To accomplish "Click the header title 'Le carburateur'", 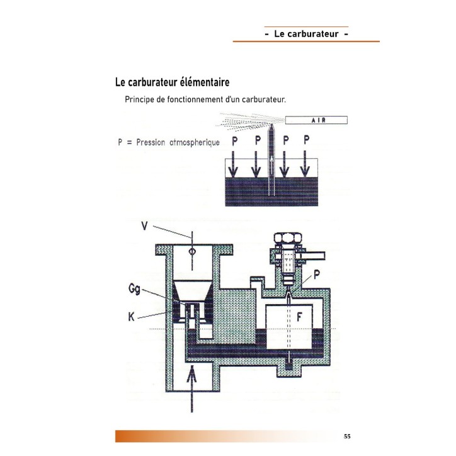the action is click(x=306, y=34).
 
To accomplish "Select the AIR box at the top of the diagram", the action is click(x=316, y=120).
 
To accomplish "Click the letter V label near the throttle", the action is click(x=144, y=225).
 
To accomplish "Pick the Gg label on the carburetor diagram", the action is click(x=134, y=289).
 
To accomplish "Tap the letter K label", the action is click(x=132, y=317).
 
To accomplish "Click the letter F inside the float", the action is click(x=299, y=317).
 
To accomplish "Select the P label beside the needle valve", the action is click(x=317, y=274).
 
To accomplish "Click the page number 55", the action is click(x=347, y=436).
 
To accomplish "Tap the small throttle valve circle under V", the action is click(x=191, y=251).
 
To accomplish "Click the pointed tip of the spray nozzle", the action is click(x=271, y=125).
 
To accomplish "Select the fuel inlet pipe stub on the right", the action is click(x=314, y=255).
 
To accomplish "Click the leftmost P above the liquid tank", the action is click(x=234, y=140).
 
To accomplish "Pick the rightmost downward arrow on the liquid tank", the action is click(x=305, y=163).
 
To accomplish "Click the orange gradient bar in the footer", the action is click(x=221, y=436).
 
